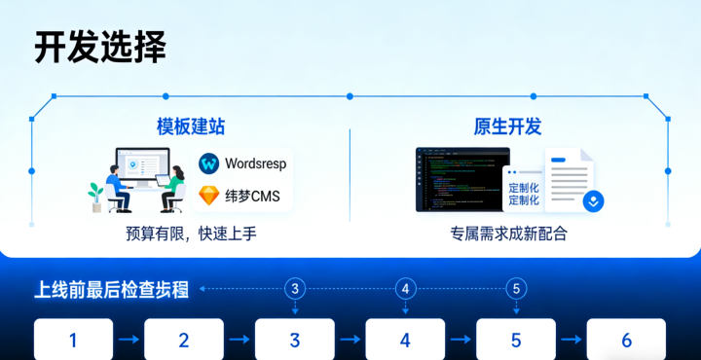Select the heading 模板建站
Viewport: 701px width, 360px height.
tap(191, 126)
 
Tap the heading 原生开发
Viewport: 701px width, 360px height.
tap(507, 126)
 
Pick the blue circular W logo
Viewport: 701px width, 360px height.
tap(208, 162)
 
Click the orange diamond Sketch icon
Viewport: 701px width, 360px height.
tap(208, 196)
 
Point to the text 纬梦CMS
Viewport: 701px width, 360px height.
tap(252, 196)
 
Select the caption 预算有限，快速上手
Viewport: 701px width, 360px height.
tap(191, 234)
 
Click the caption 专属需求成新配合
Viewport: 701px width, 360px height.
tap(508, 234)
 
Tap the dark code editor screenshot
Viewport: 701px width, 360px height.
tap(461, 179)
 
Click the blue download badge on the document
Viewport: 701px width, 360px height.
tap(593, 200)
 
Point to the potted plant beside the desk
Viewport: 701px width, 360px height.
tap(95, 196)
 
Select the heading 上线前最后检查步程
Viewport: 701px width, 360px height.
tap(112, 289)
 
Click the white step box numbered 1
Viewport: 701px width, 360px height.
tap(73, 340)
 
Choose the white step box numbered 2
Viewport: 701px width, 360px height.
tap(184, 340)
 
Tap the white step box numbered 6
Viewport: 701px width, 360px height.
tap(626, 340)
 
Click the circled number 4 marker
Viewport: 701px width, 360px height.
tap(406, 288)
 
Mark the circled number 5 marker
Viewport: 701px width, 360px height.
tap(516, 288)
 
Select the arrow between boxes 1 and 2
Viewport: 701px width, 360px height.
tap(129, 340)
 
